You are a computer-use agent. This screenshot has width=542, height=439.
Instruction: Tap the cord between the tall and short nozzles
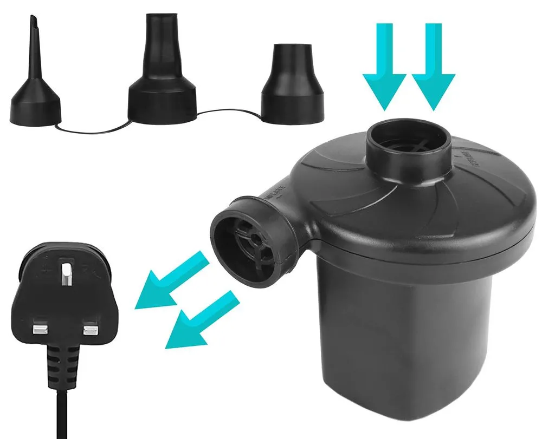coord(228,112)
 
